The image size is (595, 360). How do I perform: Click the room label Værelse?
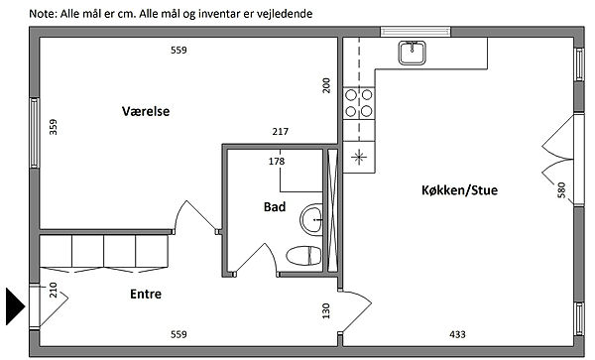click(x=146, y=111)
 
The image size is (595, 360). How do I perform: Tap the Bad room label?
click(x=275, y=206)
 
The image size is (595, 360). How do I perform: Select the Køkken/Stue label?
click(x=459, y=189)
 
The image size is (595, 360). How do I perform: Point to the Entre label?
click(x=146, y=294)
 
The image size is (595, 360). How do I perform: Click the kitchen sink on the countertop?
click(x=412, y=53)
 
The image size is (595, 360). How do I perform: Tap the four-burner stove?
click(x=359, y=103)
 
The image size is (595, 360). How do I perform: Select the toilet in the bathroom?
click(x=303, y=255)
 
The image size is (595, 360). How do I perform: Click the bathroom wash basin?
click(x=311, y=219)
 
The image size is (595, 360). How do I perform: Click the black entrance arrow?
click(x=15, y=306)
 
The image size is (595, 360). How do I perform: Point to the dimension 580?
click(x=561, y=190)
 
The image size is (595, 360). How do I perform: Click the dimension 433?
click(x=457, y=334)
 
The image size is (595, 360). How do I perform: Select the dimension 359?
click(x=54, y=127)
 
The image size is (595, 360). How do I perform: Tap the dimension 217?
click(x=280, y=131)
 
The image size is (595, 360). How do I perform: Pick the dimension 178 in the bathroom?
click(x=277, y=162)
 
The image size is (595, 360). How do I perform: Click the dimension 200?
click(x=326, y=85)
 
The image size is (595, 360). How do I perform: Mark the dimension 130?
click(x=326, y=310)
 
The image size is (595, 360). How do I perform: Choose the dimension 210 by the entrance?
click(x=54, y=291)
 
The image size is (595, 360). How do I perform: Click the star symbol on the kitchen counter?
click(x=359, y=157)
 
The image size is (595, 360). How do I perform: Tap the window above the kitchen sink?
click(x=416, y=32)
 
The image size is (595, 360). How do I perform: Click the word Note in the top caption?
click(x=42, y=14)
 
